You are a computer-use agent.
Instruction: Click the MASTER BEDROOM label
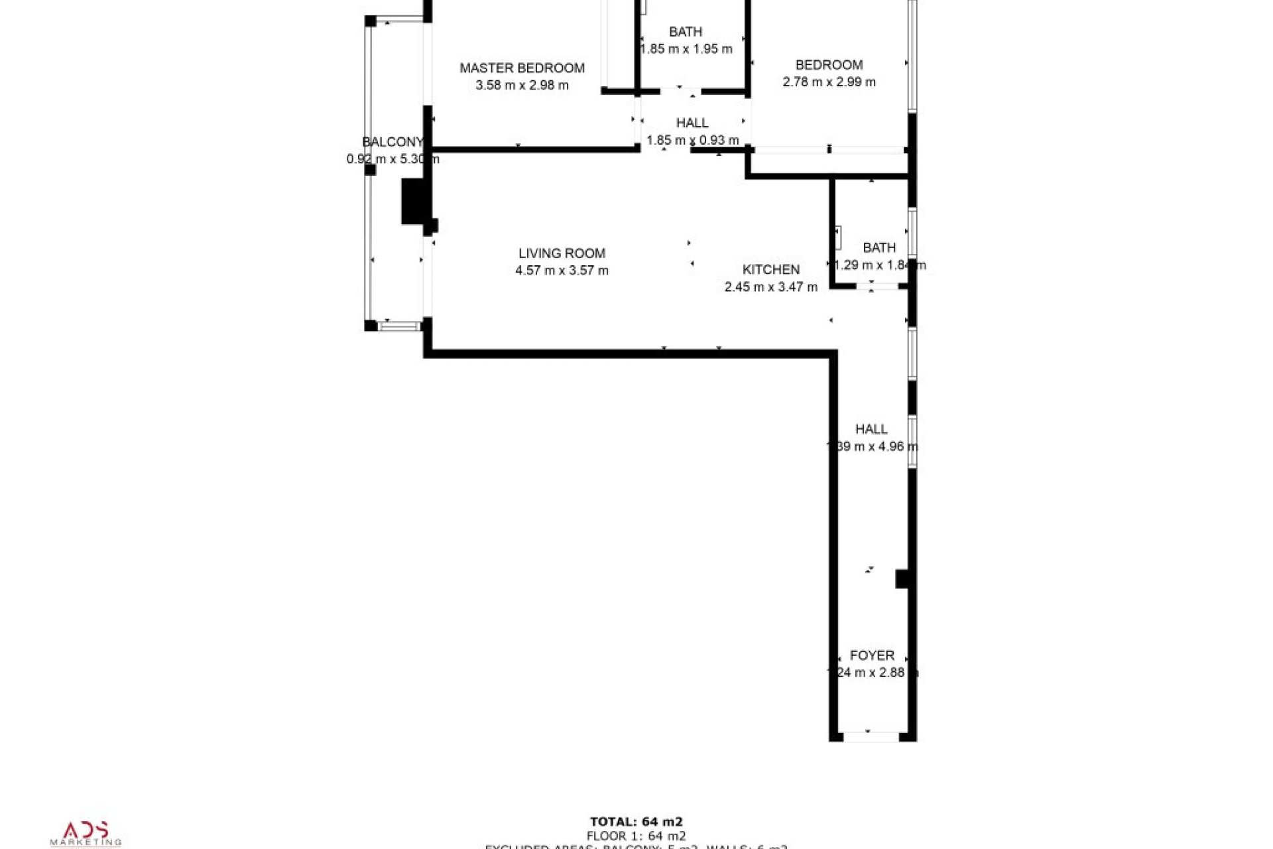click(522, 68)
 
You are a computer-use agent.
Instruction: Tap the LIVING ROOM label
click(562, 253)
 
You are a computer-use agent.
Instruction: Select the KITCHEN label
click(770, 269)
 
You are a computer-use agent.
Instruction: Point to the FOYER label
click(872, 655)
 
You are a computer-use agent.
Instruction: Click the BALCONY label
click(392, 142)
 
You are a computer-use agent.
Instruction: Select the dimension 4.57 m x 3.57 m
click(562, 271)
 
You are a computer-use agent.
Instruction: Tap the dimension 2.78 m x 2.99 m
click(829, 82)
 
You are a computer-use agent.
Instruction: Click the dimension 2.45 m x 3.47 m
click(770, 287)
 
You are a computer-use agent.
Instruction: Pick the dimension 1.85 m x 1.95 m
click(686, 49)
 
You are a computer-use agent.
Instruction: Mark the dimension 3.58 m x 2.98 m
click(522, 85)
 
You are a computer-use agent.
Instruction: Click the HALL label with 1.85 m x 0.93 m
click(692, 123)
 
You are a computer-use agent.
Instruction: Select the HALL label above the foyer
click(871, 429)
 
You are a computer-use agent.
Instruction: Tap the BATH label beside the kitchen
click(879, 247)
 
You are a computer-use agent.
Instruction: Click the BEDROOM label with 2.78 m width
click(829, 65)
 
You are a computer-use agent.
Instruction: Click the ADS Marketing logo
click(86, 833)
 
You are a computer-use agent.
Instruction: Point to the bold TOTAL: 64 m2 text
click(636, 822)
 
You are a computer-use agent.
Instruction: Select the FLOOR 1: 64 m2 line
click(636, 836)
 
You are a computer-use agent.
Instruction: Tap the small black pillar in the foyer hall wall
click(902, 578)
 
